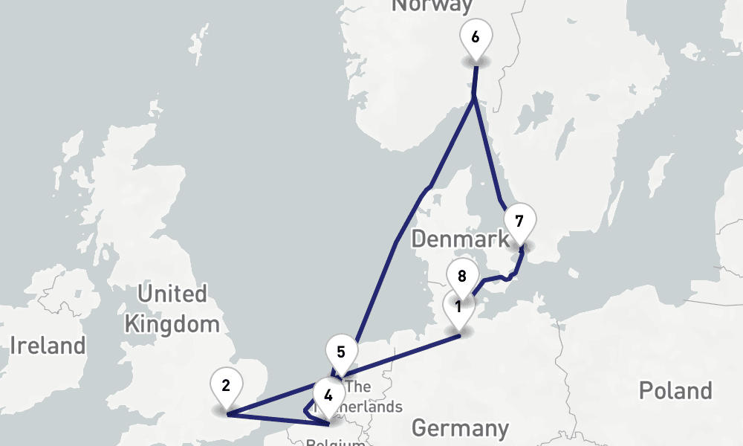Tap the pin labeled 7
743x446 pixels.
pyautogui.click(x=519, y=222)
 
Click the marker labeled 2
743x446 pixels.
pyautogui.click(x=226, y=386)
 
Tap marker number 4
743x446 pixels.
pyautogui.click(x=328, y=396)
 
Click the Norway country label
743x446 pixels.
pyautogui.click(x=432, y=6)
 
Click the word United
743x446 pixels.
pyautogui.click(x=172, y=294)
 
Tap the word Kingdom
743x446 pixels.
pyautogui.click(x=172, y=324)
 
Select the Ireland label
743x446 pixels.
pyautogui.click(x=48, y=346)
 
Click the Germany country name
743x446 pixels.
pyautogui.click(x=461, y=428)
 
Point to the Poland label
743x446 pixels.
pyautogui.click(x=675, y=391)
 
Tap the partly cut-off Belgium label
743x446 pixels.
pyautogui.click(x=335, y=442)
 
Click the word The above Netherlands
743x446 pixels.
pyautogui.click(x=358, y=387)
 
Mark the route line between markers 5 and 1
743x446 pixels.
pyautogui.click(x=401, y=356)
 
